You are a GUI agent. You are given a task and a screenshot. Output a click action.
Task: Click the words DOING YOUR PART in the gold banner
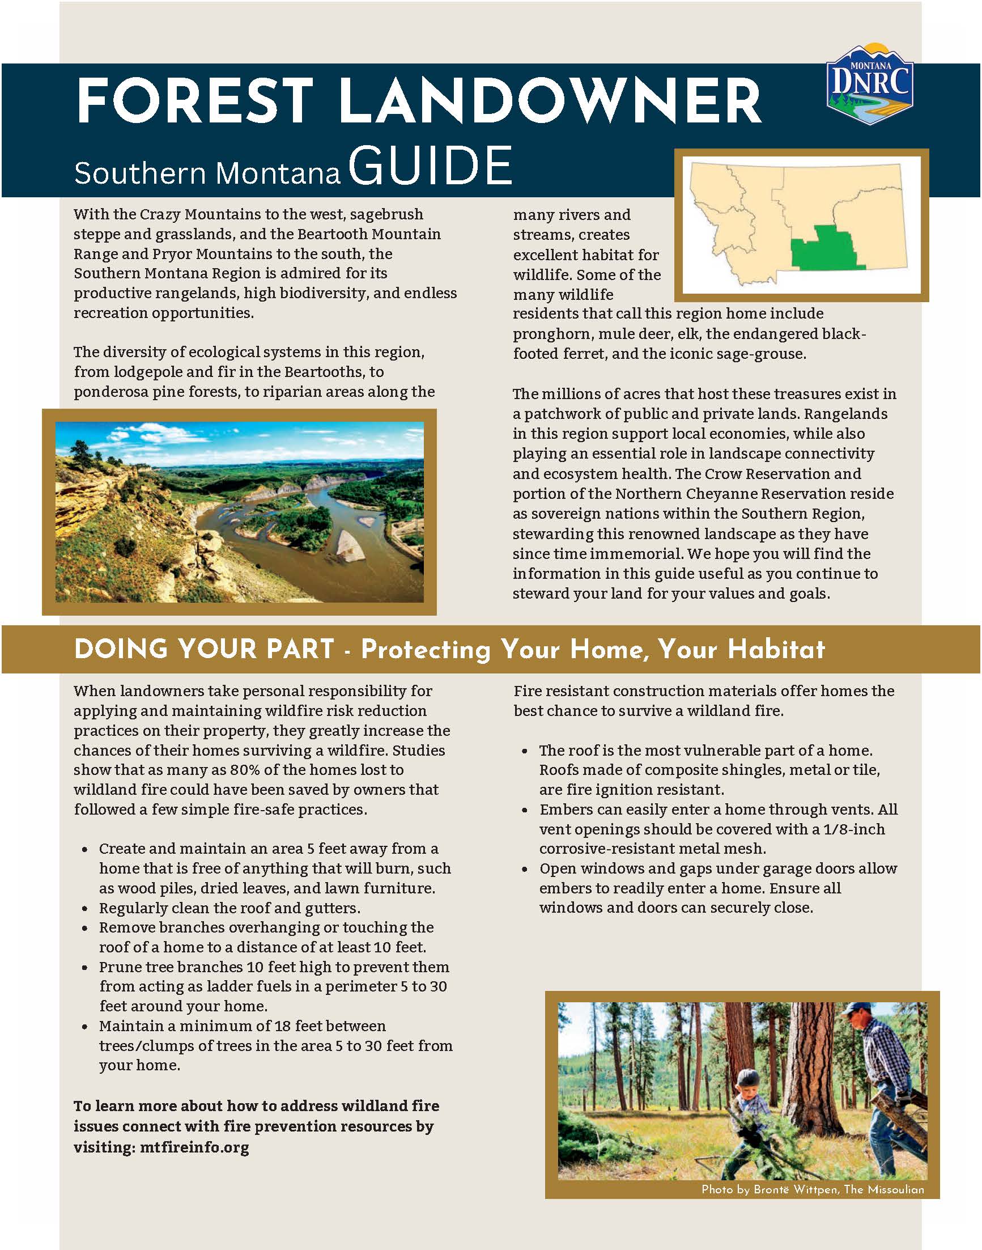pyautogui.click(x=204, y=650)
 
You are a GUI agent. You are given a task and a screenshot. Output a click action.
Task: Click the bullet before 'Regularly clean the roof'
pyautogui.click(x=85, y=909)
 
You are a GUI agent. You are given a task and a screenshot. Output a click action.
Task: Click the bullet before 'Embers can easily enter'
pyautogui.click(x=525, y=811)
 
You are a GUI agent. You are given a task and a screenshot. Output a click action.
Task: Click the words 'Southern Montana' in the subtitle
pyautogui.click(x=207, y=173)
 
